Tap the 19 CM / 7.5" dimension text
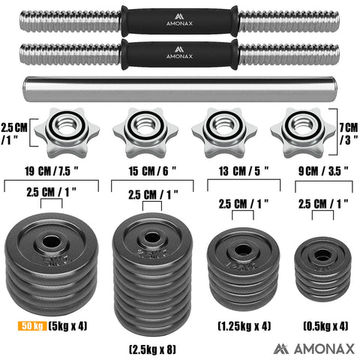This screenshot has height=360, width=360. (52, 170)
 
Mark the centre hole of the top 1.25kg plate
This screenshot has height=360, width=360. (242, 248)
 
